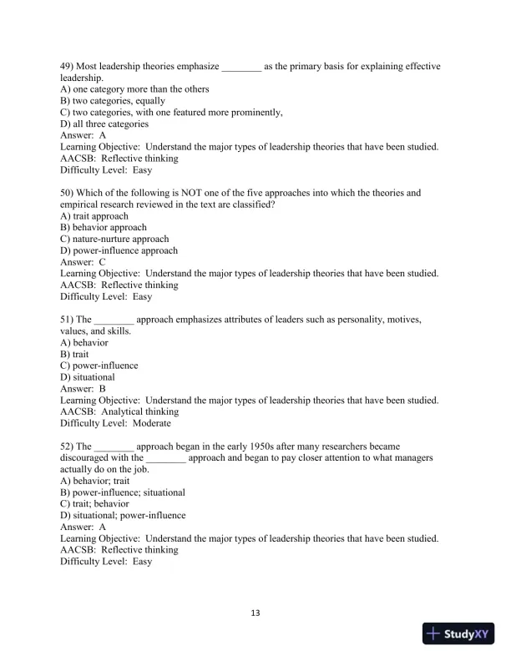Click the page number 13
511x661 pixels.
click(255, 613)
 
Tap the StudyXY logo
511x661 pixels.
click(458, 634)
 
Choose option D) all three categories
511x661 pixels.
click(104, 124)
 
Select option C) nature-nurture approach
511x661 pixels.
click(114, 239)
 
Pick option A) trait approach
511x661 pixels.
click(94, 216)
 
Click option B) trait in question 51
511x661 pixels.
click(74, 354)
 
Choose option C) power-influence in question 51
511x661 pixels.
click(99, 366)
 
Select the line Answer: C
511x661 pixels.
click(83, 262)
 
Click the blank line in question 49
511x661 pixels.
click(241, 66)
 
